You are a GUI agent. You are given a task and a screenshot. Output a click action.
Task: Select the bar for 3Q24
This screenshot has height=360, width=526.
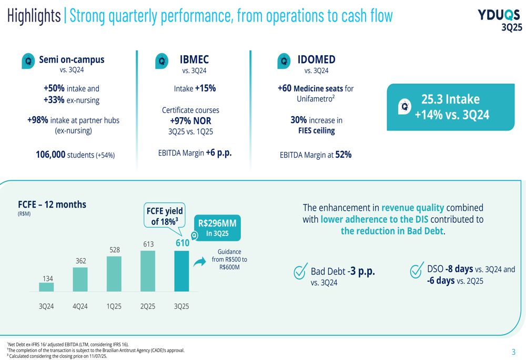[x=46, y=287]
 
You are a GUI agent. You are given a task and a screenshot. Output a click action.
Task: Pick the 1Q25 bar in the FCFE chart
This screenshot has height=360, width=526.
[x=114, y=273]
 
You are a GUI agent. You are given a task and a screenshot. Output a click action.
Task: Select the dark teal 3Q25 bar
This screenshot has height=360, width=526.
[x=181, y=271]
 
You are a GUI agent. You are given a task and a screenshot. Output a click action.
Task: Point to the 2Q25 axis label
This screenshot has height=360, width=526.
[x=148, y=306]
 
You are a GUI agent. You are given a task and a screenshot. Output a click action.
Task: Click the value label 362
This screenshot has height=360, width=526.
[x=80, y=261]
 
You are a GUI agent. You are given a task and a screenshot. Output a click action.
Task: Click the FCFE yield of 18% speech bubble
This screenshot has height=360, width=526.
[x=164, y=216]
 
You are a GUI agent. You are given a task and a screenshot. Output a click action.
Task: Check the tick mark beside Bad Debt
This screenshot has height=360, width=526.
[x=300, y=272]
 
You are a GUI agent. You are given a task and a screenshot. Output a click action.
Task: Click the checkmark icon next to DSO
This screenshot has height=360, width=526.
[x=417, y=270]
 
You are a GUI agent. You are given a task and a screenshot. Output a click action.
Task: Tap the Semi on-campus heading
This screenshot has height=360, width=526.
[x=72, y=60]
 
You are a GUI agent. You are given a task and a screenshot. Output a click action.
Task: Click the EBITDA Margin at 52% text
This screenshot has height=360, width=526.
[x=316, y=155]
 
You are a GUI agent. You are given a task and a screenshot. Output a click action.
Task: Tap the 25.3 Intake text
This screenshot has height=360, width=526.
[x=450, y=99]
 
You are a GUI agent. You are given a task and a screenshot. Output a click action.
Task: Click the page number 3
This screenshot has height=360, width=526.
[x=514, y=352]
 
